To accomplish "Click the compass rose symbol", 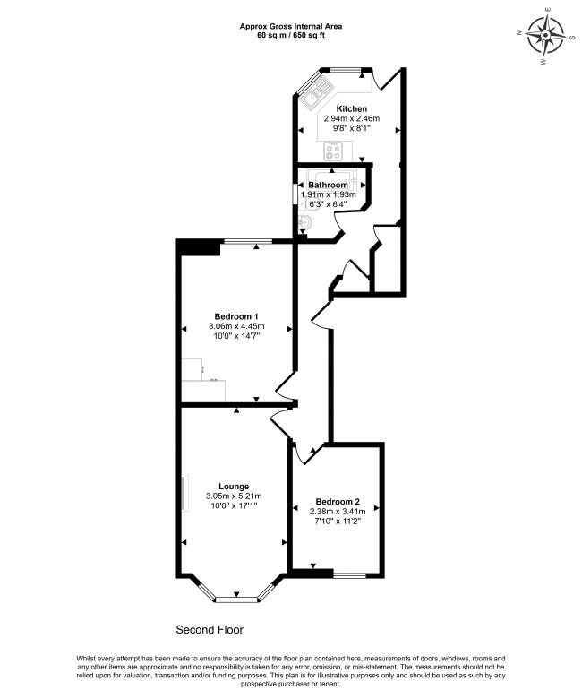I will pos(544,39).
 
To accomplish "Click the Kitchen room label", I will pos(352,108).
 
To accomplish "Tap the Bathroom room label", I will pos(328,185).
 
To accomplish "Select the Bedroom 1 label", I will pos(236,315).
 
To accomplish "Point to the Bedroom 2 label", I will pos(338,502).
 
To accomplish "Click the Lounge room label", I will pos(234,486).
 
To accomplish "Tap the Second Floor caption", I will pos(209,629).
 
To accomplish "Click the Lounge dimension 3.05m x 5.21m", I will pos(234,496).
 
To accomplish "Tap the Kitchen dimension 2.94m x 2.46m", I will pos(352,118).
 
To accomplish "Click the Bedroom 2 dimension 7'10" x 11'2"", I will pos(338,522).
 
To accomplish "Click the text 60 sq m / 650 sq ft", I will pos(290,36).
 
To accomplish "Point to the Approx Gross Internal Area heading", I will pos(290,26).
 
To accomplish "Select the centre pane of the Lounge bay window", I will pos(236,596).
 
